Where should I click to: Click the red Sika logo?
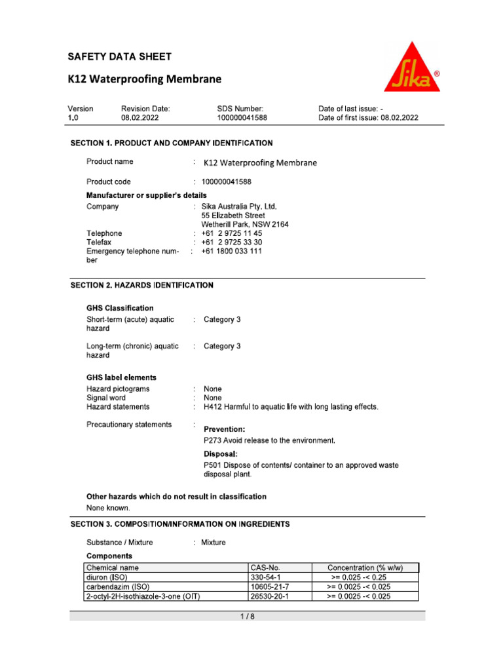(x=411, y=67)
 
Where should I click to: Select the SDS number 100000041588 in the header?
(x=242, y=118)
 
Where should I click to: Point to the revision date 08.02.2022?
(x=140, y=118)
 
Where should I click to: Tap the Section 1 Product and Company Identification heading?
(x=172, y=143)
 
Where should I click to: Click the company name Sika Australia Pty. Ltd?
(x=240, y=206)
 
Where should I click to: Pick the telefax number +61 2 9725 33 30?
(x=232, y=242)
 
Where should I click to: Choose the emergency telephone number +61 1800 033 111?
(x=232, y=251)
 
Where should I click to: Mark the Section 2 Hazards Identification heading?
(x=141, y=285)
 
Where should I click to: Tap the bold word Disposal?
(x=221, y=453)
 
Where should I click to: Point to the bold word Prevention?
(x=225, y=429)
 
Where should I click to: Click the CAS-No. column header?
(x=265, y=567)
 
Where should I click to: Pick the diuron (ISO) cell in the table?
(x=109, y=577)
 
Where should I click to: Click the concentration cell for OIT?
(x=358, y=596)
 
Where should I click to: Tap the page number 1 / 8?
(x=248, y=617)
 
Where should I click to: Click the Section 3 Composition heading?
(x=180, y=524)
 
